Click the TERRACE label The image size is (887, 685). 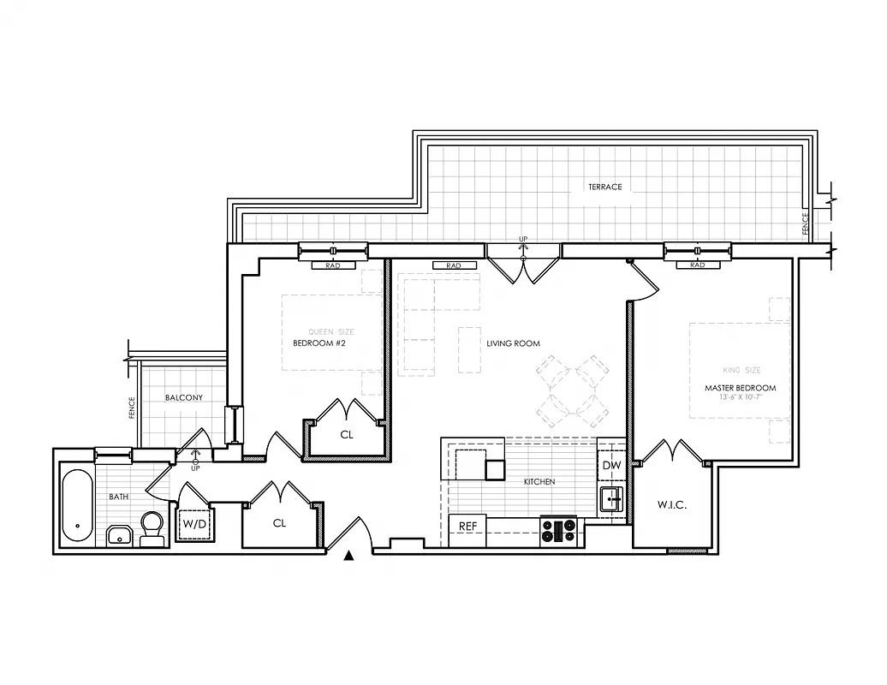[x=604, y=187]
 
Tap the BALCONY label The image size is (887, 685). [x=184, y=398]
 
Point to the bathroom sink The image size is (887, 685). [x=119, y=537]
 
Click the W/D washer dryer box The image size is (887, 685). [x=194, y=521]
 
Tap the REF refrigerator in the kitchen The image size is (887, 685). [x=467, y=526]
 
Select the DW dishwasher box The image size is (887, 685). [x=611, y=465]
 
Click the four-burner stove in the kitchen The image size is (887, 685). [x=558, y=531]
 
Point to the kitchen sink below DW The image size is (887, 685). [x=611, y=498]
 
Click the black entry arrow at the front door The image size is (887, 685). [x=348, y=557]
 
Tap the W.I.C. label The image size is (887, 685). [x=672, y=505]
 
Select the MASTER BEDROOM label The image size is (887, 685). [x=740, y=388]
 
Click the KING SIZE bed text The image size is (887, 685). [x=741, y=371]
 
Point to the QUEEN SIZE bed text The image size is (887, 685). [x=330, y=332]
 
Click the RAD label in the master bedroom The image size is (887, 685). [x=697, y=265]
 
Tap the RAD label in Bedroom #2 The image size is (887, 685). [x=333, y=265]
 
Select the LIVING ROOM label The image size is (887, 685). [x=513, y=343]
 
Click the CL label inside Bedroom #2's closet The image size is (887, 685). [x=346, y=435]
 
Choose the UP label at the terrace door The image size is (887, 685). [x=522, y=239]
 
